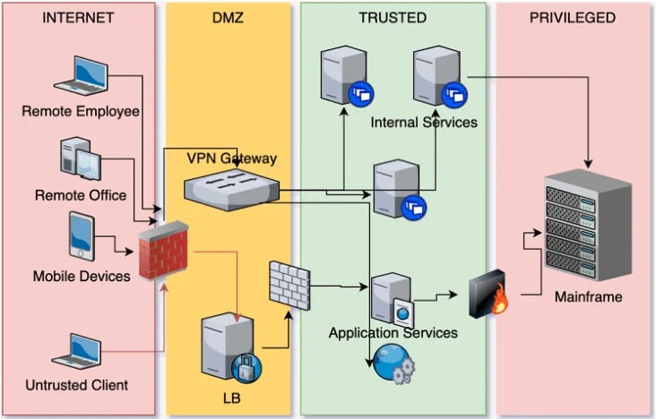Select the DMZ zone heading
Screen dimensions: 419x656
pyautogui.click(x=229, y=17)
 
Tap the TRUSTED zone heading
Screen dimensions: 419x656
pyautogui.click(x=392, y=17)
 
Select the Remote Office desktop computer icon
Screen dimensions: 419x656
pyautogui.click(x=80, y=160)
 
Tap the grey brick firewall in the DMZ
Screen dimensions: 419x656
pyautogui.click(x=288, y=285)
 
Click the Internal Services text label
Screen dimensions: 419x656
pyautogui.click(x=424, y=122)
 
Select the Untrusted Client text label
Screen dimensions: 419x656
pyautogui.click(x=77, y=385)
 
